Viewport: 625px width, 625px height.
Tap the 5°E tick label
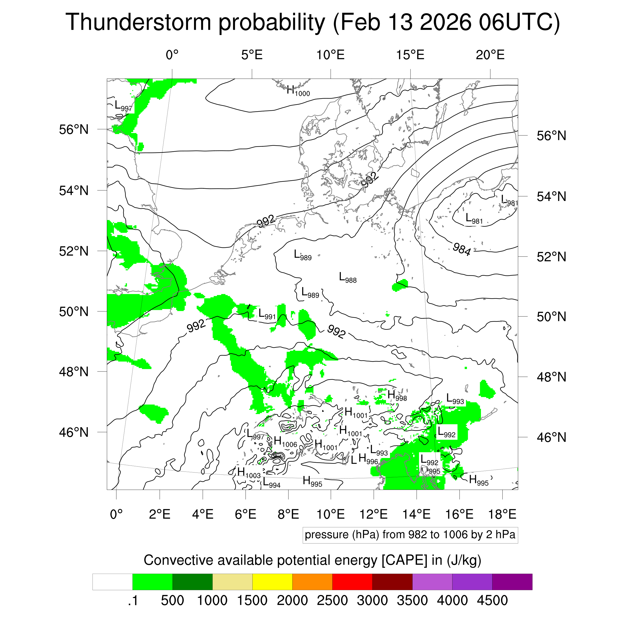[x=252, y=55]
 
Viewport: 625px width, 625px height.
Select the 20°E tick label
[x=490, y=55]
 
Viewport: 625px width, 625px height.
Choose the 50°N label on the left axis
[x=74, y=311]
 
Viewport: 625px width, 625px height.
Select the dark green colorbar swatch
[x=192, y=582]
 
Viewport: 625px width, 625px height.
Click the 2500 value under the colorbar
[x=332, y=600]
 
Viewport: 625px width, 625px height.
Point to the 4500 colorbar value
[x=492, y=600]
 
